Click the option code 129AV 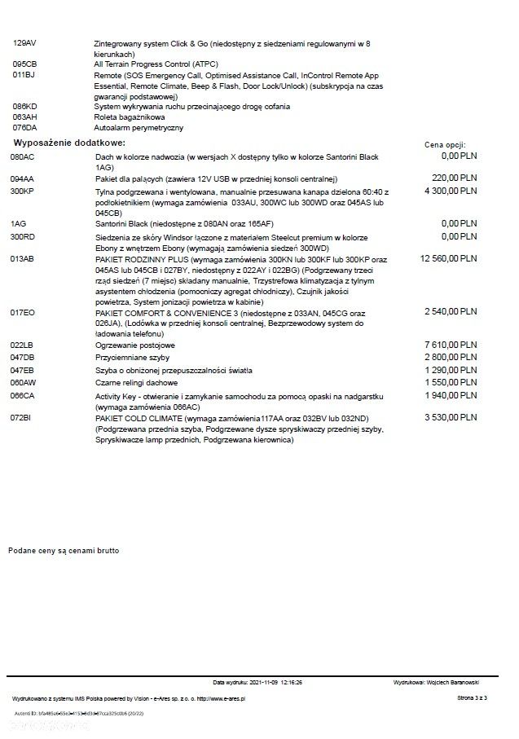pyautogui.click(x=24, y=42)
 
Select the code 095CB pyautogui.click(x=24, y=64)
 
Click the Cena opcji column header pyautogui.click(x=446, y=144)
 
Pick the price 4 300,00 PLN pyautogui.click(x=449, y=190)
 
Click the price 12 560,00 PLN pyautogui.click(x=446, y=257)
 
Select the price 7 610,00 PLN pyautogui.click(x=451, y=345)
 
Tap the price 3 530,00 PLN pyautogui.click(x=451, y=417)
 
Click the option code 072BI pyautogui.click(x=21, y=418)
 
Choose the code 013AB pyautogui.click(x=22, y=258)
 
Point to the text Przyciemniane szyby pyautogui.click(x=133, y=358)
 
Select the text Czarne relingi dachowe pyautogui.click(x=137, y=382)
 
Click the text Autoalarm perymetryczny pyautogui.click(x=139, y=128)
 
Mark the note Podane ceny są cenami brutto pyautogui.click(x=64, y=551)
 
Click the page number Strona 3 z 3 pyautogui.click(x=472, y=698)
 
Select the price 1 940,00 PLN pyautogui.click(x=451, y=394)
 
